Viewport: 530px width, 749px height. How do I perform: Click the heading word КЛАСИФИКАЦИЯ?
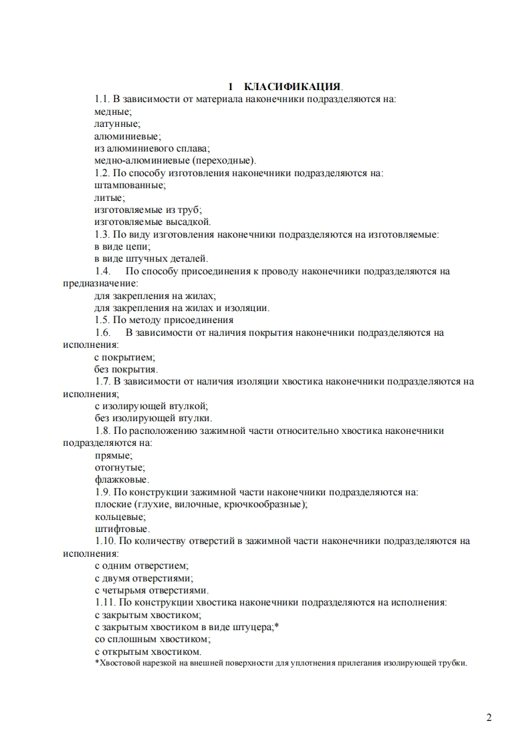click(293, 87)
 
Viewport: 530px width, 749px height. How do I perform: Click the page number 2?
click(489, 718)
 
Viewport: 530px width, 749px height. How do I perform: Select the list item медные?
click(113, 111)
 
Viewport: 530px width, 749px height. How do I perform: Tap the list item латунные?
click(117, 123)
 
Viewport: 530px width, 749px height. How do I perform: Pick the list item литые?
click(109, 198)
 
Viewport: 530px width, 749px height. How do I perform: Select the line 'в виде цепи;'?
click(122, 246)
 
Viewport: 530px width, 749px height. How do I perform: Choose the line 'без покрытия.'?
click(126, 369)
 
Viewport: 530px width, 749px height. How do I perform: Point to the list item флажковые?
click(122, 479)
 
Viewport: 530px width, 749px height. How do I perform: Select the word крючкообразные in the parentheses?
click(269, 504)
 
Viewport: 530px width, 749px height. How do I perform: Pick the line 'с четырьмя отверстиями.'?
click(152, 590)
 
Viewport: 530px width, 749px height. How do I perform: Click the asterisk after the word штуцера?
click(277, 626)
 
